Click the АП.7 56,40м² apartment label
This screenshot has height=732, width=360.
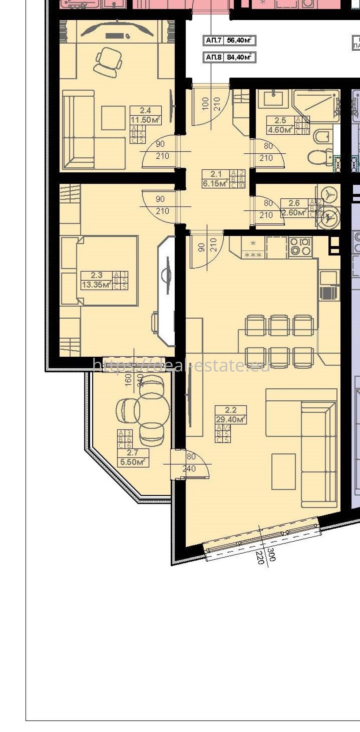[229, 40]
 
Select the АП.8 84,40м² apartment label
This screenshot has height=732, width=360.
[229, 57]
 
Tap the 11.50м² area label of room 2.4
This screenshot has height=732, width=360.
[145, 120]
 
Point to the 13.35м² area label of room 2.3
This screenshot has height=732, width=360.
[96, 285]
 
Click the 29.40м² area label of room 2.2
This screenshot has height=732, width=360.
[231, 419]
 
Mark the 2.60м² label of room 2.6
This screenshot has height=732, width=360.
[294, 212]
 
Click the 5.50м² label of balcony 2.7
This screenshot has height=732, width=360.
[133, 462]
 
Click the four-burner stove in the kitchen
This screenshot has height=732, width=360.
[300, 246]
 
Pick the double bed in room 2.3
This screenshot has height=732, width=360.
[107, 270]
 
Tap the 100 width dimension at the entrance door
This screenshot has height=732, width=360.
[206, 104]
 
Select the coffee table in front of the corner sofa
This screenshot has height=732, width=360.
[283, 471]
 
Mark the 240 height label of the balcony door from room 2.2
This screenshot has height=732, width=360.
[189, 469]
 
